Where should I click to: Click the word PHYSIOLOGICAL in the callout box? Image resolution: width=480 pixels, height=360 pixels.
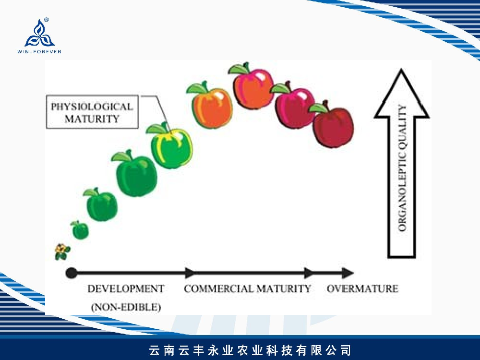tap(92, 107)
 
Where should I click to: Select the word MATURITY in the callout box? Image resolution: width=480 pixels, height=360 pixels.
tap(92, 119)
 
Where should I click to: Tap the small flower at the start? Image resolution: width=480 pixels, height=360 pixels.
tap(62, 252)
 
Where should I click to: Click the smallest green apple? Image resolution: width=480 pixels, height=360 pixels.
tap(80, 230)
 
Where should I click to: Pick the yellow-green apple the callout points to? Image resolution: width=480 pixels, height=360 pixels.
tap(171, 147)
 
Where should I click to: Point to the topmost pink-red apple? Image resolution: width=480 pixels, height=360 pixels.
tap(252, 87)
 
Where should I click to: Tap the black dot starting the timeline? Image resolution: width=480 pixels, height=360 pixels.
tap(72, 273)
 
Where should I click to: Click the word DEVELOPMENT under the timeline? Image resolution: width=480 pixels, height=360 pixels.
tap(126, 288)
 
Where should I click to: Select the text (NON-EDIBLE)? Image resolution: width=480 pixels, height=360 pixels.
tap(126, 307)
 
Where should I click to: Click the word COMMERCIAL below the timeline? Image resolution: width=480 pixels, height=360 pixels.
tap(218, 288)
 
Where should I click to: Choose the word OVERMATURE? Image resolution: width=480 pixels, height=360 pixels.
tap(362, 288)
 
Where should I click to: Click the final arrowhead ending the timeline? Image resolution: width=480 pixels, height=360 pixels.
tap(348, 273)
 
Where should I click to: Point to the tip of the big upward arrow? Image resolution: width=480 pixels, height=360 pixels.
tap(401, 69)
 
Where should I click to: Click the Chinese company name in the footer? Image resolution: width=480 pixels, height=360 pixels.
tap(250, 350)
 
